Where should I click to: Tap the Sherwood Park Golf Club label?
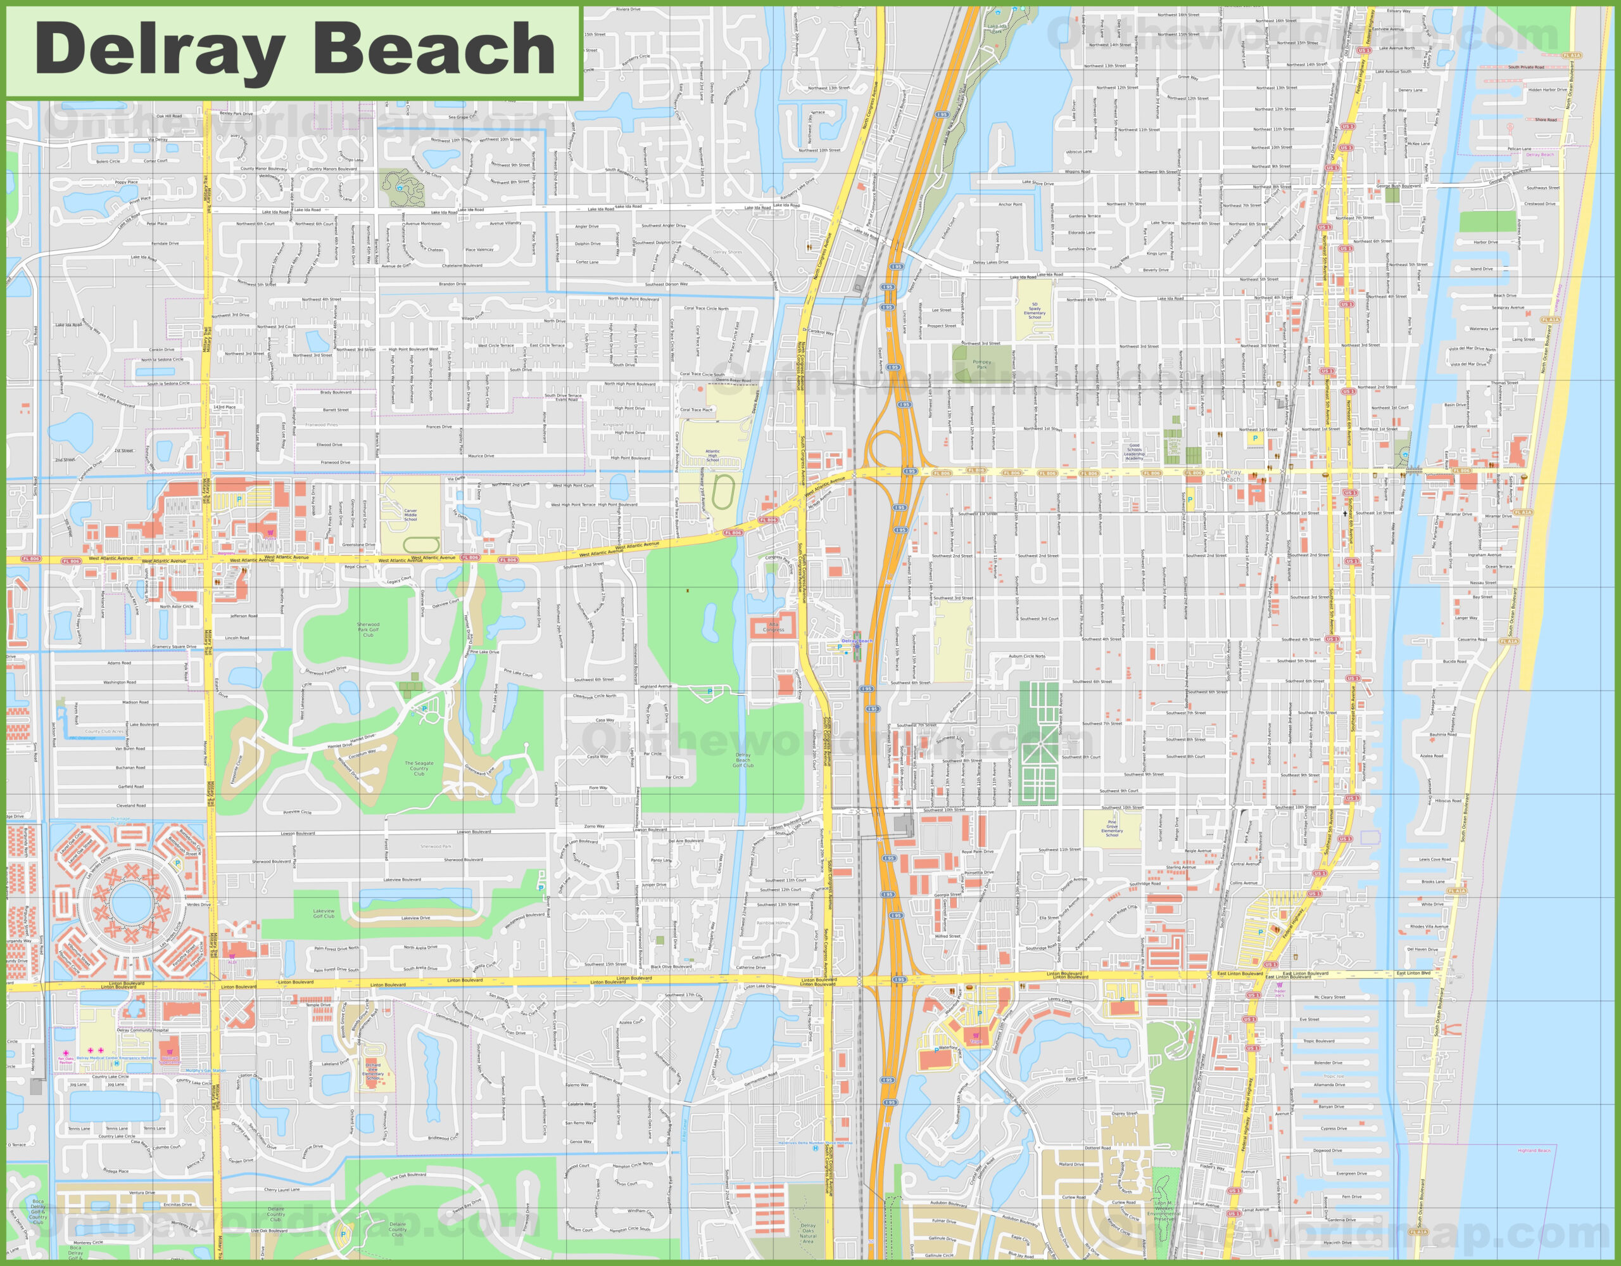[367, 630]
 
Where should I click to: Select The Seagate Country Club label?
[419, 769]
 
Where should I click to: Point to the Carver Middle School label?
[410, 515]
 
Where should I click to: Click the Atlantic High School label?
[712, 455]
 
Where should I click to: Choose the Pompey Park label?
[981, 364]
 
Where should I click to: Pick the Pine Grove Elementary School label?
[1112, 829]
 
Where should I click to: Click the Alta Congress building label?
[773, 627]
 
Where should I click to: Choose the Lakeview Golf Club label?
[324, 913]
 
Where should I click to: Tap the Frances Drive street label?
[439, 427]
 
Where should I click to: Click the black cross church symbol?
[1344, 513]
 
